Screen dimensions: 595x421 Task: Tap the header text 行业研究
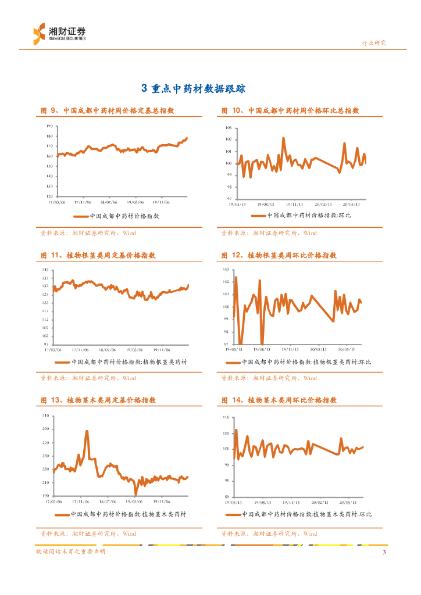tap(374, 43)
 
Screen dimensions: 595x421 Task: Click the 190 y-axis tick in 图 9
tap(49, 126)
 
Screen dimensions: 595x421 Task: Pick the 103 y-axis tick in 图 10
tap(229, 128)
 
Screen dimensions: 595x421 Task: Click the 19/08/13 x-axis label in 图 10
tap(265, 204)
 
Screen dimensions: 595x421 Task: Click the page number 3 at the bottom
tap(384, 552)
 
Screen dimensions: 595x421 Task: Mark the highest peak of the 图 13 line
tap(87, 431)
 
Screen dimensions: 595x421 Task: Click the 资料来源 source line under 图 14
tap(269, 533)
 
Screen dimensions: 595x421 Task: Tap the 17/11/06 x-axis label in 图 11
tap(80, 349)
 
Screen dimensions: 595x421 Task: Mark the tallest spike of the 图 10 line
tap(283, 138)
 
